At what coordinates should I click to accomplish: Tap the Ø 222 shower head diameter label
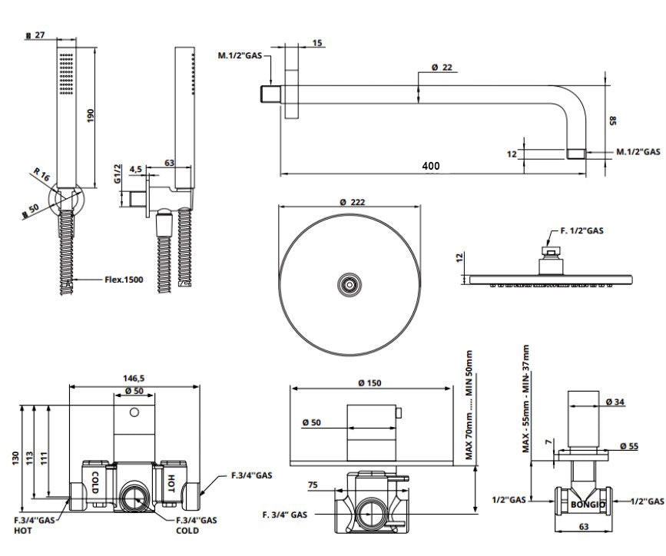[350, 202]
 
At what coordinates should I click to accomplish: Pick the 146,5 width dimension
[134, 379]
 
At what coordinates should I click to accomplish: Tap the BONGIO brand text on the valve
[588, 505]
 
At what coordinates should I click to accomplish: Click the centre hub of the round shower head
[349, 285]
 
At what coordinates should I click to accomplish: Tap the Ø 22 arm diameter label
[442, 68]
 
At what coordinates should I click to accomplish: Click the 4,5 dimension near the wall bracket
[135, 168]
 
